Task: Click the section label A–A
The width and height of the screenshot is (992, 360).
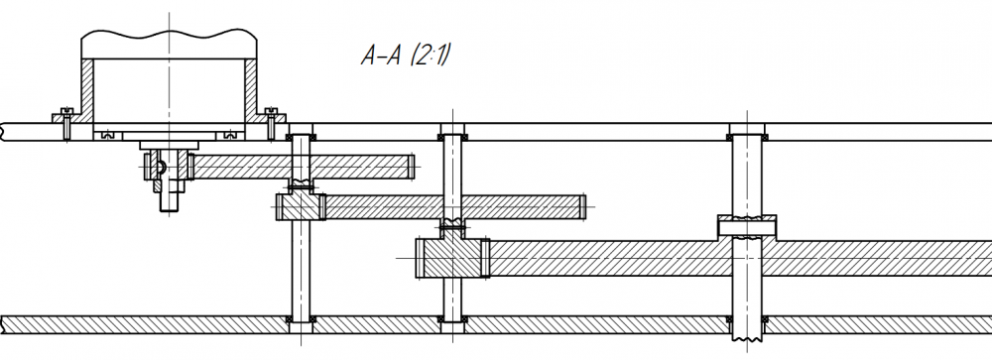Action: [x=382, y=57]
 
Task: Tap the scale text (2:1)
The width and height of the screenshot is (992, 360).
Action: [x=431, y=56]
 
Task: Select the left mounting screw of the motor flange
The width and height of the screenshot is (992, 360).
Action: [x=67, y=123]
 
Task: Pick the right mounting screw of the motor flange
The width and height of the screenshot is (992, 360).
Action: [x=271, y=123]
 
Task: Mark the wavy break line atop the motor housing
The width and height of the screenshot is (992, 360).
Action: [x=169, y=34]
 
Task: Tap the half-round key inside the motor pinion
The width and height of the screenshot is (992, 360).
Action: [x=161, y=167]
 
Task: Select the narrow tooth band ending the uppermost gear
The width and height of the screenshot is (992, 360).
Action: [x=411, y=167]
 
